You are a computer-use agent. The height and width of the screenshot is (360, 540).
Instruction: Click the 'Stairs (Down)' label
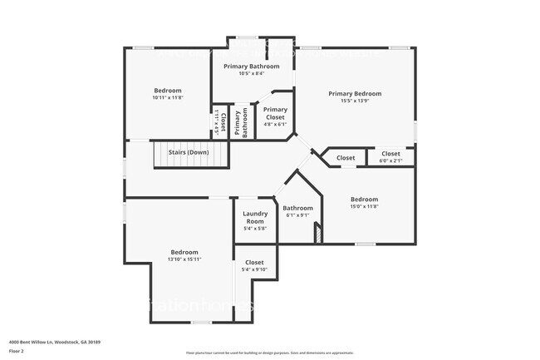click(x=188, y=153)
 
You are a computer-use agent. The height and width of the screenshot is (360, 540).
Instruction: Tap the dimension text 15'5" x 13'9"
click(x=355, y=102)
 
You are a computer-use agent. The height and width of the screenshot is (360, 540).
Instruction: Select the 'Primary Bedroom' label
click(x=355, y=94)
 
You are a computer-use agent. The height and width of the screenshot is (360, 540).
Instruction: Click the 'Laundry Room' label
click(x=254, y=218)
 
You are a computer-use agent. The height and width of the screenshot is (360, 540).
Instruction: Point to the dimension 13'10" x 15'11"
click(x=184, y=259)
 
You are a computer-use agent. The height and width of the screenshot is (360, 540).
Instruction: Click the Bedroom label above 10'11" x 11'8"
click(x=167, y=91)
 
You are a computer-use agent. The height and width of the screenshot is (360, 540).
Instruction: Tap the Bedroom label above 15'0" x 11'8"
click(x=364, y=199)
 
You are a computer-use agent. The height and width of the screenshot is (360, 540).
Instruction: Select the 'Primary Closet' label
click(x=275, y=113)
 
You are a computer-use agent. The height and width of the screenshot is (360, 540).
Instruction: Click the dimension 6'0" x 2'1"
click(x=390, y=161)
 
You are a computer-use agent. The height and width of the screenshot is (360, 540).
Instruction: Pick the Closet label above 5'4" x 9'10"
click(x=254, y=262)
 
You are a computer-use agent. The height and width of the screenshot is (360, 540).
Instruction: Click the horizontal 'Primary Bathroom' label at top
click(x=253, y=66)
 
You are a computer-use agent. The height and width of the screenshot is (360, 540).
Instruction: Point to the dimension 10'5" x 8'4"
click(x=253, y=73)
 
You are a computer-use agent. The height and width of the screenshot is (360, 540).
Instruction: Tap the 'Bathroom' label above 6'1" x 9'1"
click(x=297, y=208)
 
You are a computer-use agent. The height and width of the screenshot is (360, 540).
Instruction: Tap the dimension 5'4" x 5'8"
click(x=254, y=229)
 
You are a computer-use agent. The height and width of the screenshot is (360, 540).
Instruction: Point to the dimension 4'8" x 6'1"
click(x=275, y=125)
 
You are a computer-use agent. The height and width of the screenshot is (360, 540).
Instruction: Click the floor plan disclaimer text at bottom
click(x=270, y=353)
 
